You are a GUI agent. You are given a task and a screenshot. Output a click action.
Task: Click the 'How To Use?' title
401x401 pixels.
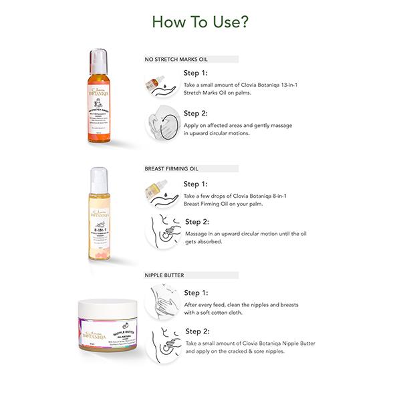[200, 21]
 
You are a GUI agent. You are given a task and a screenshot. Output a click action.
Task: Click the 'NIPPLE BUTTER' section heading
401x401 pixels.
[164, 274]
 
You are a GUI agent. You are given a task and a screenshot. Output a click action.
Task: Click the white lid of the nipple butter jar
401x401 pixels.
[107, 307]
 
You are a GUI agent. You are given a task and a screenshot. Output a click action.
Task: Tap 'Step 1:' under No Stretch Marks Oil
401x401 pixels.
[196, 74]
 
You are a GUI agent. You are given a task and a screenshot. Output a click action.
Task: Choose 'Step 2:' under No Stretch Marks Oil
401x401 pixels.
[196, 113]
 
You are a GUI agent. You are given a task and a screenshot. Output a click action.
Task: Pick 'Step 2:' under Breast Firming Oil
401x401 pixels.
[197, 222]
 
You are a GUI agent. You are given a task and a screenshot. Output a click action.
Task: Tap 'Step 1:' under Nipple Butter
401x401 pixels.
[196, 293]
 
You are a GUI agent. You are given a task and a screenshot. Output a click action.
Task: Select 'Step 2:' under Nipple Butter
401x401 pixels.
[197, 331]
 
